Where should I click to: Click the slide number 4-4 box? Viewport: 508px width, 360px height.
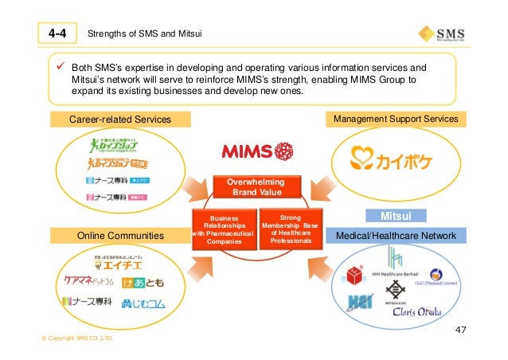point(55,33)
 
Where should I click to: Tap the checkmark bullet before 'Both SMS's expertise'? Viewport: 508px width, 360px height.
point(60,68)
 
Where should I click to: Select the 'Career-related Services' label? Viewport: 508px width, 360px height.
point(120,119)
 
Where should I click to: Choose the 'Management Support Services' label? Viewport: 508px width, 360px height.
point(395,119)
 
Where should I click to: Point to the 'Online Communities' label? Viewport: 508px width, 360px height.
point(120,235)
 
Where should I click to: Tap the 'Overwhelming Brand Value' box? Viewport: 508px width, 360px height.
point(253,187)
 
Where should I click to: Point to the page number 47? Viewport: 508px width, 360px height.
point(460,329)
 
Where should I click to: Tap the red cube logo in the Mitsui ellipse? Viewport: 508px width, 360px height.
point(350,276)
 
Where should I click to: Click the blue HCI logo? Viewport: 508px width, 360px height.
point(358,302)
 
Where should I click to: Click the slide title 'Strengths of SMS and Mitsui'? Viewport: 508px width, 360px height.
point(144,33)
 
